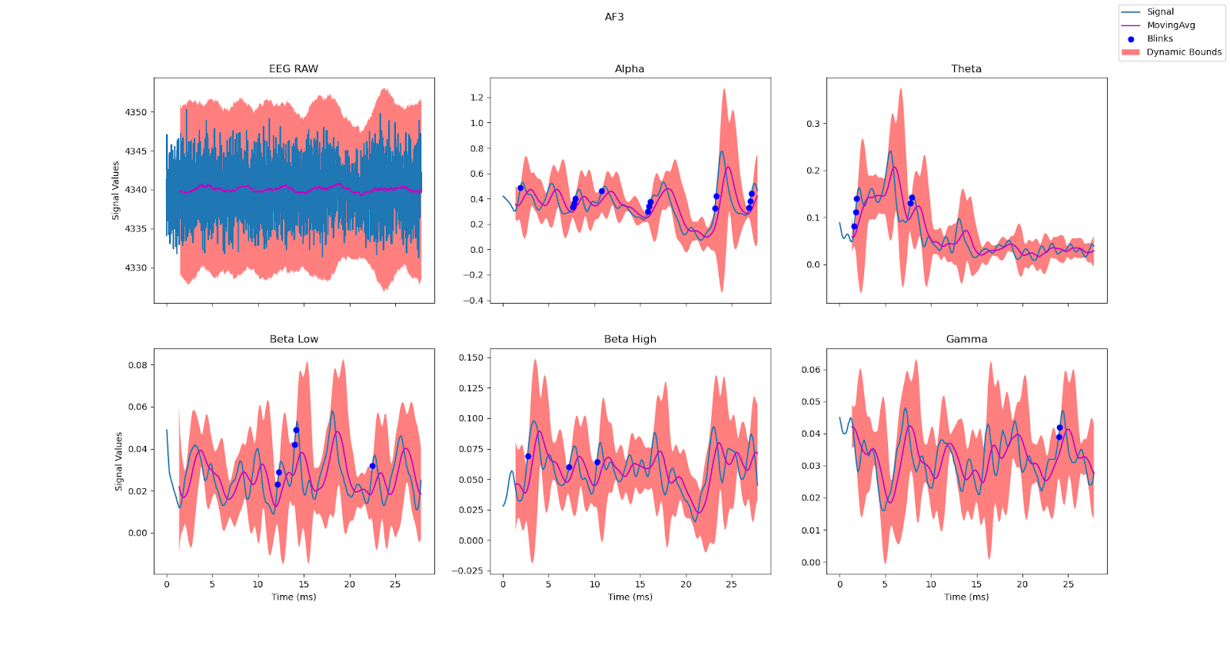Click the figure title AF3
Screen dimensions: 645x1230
tap(613, 17)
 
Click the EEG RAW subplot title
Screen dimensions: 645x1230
tap(293, 69)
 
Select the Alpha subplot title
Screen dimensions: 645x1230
tap(630, 69)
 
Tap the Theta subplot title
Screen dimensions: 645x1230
tap(966, 69)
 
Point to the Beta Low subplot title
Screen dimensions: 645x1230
tap(294, 339)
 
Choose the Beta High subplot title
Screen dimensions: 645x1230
tap(630, 339)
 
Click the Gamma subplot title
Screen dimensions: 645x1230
tap(966, 339)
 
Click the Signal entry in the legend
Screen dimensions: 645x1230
tap(1160, 12)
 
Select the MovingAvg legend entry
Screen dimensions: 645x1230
tap(1171, 25)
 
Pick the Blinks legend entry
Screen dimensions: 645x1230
tap(1159, 38)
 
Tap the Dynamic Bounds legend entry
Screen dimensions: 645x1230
tap(1183, 52)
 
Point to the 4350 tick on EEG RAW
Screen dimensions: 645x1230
tap(136, 112)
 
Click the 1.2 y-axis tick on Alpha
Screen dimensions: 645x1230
tap(477, 98)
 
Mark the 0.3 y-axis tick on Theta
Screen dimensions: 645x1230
tap(813, 124)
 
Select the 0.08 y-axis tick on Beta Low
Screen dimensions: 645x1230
tap(138, 365)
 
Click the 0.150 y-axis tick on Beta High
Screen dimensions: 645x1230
tap(471, 357)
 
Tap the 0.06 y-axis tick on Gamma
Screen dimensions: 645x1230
tap(810, 370)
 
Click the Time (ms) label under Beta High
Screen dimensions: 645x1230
tap(630, 597)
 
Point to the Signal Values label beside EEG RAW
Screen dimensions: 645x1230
tap(116, 191)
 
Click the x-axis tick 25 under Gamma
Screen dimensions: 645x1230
tap(1068, 584)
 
